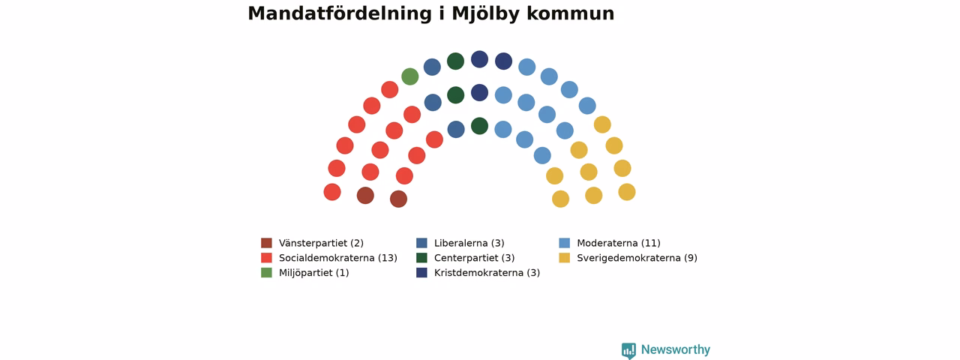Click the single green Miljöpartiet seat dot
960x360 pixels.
(x=409, y=76)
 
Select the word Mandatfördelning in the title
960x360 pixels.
(x=340, y=13)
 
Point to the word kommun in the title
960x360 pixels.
(x=571, y=14)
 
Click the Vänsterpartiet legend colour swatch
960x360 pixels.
(x=266, y=243)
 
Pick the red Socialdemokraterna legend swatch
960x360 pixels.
(x=266, y=258)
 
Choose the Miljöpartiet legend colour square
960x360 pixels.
(x=266, y=272)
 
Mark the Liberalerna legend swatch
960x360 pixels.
(x=421, y=243)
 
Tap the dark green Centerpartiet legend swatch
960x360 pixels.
(x=421, y=258)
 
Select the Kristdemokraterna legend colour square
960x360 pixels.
(x=421, y=272)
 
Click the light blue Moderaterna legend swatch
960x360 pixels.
(x=565, y=243)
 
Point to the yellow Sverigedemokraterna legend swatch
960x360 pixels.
(x=565, y=258)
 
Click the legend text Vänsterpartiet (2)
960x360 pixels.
(x=322, y=244)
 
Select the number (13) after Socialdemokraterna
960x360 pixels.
(x=388, y=258)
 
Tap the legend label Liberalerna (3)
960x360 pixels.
(x=469, y=244)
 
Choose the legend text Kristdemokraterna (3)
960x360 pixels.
(x=487, y=273)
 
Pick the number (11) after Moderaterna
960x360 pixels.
(x=650, y=244)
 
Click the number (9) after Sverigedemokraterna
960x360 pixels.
(x=691, y=258)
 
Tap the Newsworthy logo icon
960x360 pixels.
(x=628, y=350)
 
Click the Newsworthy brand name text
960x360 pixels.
(x=676, y=349)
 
